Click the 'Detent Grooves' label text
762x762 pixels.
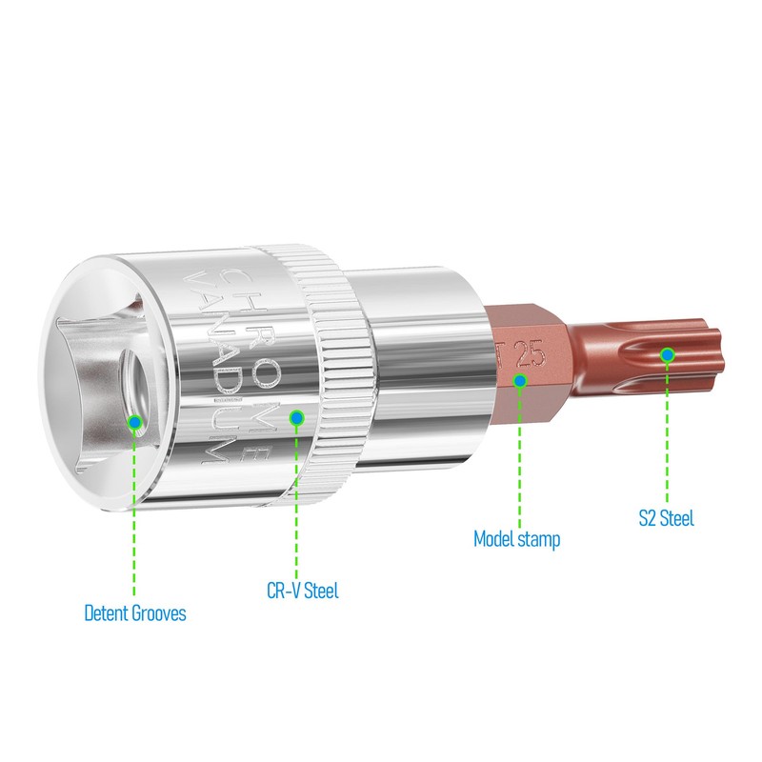[135, 612]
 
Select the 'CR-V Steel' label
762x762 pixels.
[303, 591]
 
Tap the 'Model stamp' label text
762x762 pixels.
[516, 539]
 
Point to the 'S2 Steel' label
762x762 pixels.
[666, 518]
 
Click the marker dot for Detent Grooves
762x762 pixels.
[135, 422]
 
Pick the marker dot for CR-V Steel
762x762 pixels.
[296, 417]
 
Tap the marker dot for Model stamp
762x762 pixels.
[520, 380]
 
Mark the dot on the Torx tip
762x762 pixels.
[668, 355]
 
